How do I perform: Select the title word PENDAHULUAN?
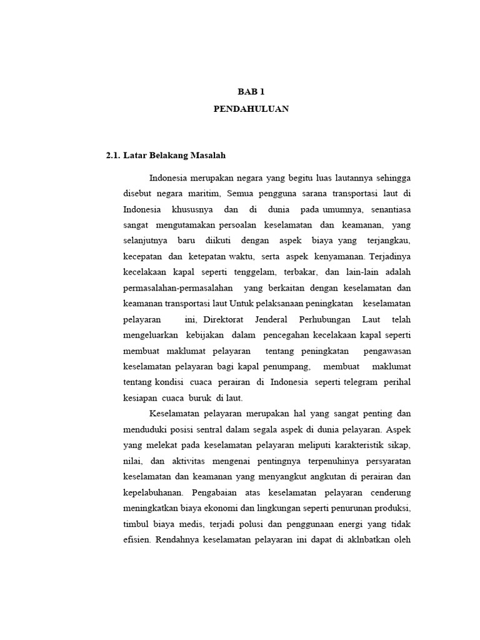[x=243, y=108]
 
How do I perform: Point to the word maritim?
[x=210, y=192]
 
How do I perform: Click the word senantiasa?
[x=388, y=209]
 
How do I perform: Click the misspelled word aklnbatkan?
[x=357, y=539]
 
